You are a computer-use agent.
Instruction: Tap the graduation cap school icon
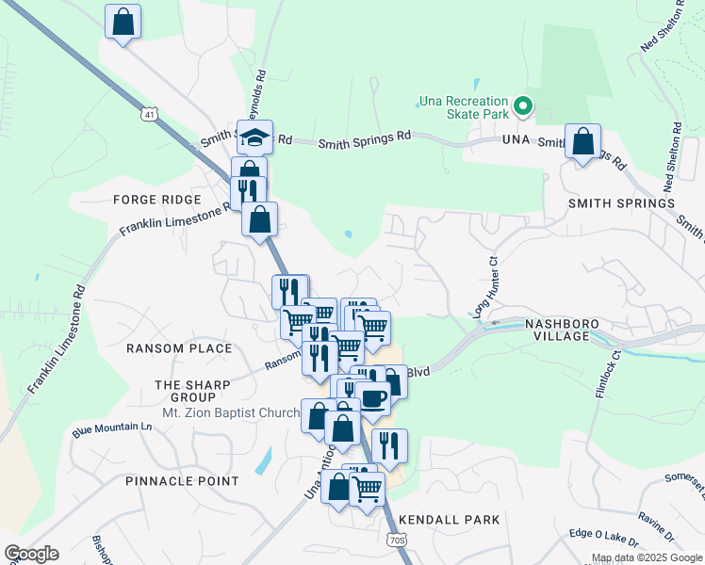(x=254, y=137)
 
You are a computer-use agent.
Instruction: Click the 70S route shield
(x=397, y=540)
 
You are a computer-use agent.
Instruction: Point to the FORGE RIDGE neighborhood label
(x=157, y=200)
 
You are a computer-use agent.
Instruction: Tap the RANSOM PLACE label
(x=179, y=348)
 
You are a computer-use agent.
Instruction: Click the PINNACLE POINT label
(x=182, y=480)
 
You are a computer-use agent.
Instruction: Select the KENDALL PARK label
(x=449, y=519)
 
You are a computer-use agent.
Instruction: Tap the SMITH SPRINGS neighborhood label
(x=621, y=202)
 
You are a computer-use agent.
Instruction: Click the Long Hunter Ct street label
(x=484, y=285)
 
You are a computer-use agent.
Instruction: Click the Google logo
(x=31, y=554)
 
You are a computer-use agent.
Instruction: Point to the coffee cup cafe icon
(x=373, y=397)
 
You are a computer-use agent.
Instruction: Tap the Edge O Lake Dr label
(x=603, y=537)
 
